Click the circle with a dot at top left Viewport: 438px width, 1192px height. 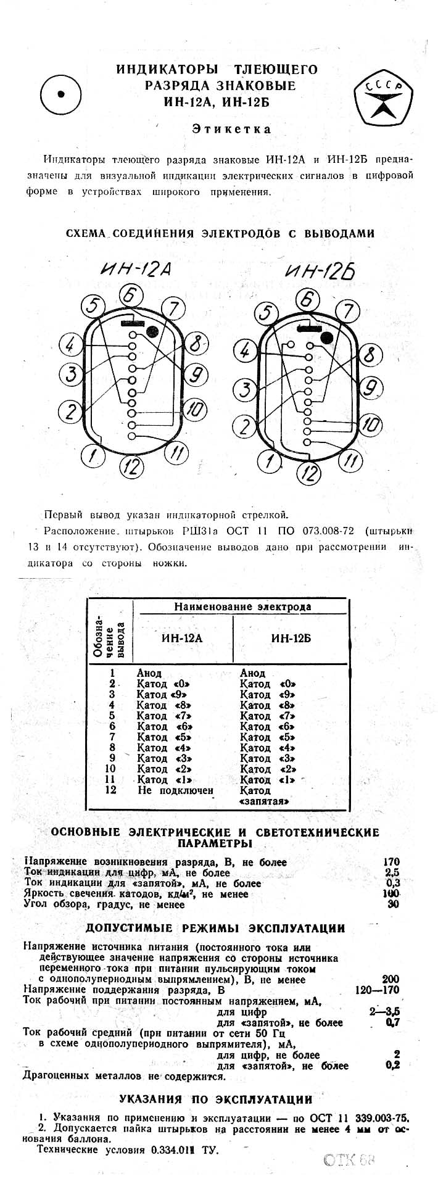pyautogui.click(x=61, y=94)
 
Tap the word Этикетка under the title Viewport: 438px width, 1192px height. pyautogui.click(x=231, y=130)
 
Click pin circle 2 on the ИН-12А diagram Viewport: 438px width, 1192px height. pyautogui.click(x=71, y=411)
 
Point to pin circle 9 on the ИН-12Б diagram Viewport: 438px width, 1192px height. pyautogui.click(x=368, y=387)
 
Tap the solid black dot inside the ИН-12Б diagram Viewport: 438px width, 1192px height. pyautogui.click(x=326, y=337)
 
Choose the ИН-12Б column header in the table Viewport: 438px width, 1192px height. pyautogui.click(x=291, y=638)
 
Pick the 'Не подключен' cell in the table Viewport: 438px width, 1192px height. pyautogui.click(x=176, y=790)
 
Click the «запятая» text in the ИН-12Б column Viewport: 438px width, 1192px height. pyautogui.click(x=264, y=801)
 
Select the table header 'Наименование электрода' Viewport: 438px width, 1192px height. pyautogui.click(x=242, y=606)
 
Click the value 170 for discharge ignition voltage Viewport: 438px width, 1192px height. pyautogui.click(x=390, y=862)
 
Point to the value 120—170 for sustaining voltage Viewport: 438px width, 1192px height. pyautogui.click(x=378, y=990)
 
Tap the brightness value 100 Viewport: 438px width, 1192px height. pyautogui.click(x=391, y=893)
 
